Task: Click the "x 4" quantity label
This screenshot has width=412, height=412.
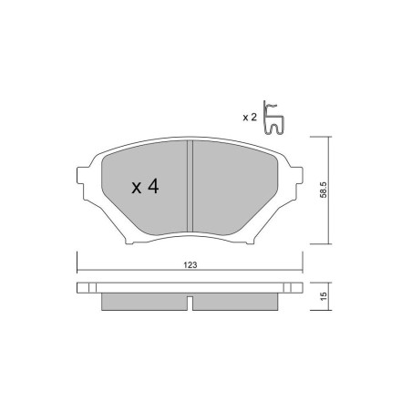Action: pyautogui.click(x=146, y=187)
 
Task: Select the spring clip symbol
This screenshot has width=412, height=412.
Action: pyautogui.click(x=273, y=118)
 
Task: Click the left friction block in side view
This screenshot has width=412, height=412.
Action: pyautogui.click(x=141, y=303)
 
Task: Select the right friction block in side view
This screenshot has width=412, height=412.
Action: pyautogui.click(x=235, y=303)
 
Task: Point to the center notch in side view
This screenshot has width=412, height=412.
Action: pyautogui.click(x=188, y=302)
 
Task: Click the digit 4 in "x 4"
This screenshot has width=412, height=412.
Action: pyautogui.click(x=154, y=187)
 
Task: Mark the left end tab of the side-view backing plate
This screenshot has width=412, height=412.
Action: pyautogui.click(x=85, y=287)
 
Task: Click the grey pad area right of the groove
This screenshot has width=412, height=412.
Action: pyautogui.click(x=232, y=187)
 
